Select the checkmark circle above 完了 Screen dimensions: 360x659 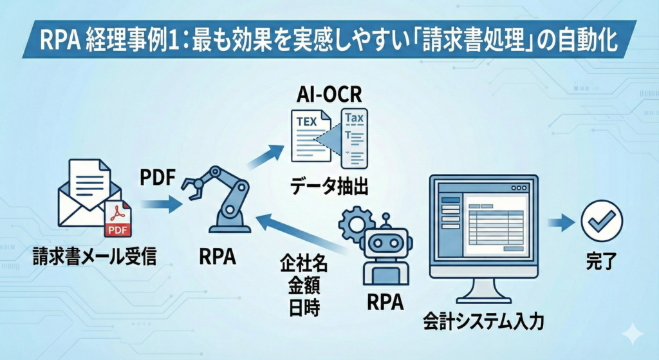pos(601,220)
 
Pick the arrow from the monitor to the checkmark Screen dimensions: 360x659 pos(560,222)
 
